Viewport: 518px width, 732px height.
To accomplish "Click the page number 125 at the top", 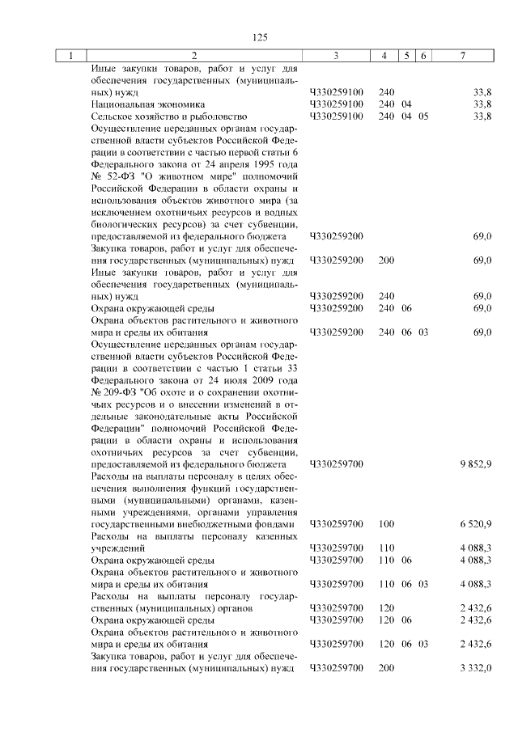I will pos(259,38).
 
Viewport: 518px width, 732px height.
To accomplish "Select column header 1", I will pos(71,55).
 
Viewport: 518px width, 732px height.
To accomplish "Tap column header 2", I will pos(193,55).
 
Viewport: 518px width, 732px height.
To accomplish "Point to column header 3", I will pos(335,55).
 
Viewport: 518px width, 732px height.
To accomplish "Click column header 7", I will pos(462,55).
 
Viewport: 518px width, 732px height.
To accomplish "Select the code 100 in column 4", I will pos(386,524).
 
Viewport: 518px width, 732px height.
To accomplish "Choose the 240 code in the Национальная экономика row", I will pos(386,104).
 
